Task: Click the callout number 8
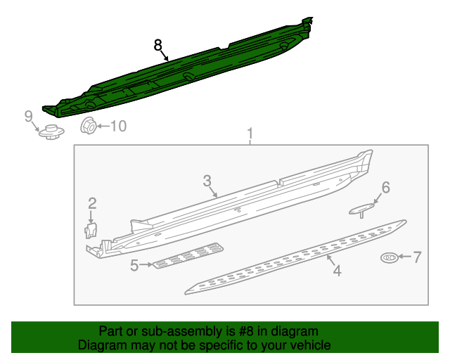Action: click(158, 46)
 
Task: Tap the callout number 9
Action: click(29, 116)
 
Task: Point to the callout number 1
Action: click(249, 133)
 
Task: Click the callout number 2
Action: click(92, 204)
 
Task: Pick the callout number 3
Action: click(207, 181)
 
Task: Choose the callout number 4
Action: click(337, 270)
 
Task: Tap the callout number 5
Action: click(134, 265)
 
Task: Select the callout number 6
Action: click(385, 187)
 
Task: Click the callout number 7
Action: click(417, 257)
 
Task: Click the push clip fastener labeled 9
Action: click(50, 131)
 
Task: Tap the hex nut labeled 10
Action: click(89, 127)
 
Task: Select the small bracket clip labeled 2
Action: click(91, 230)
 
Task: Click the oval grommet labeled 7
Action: click(390, 258)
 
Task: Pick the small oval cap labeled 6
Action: click(363, 208)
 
